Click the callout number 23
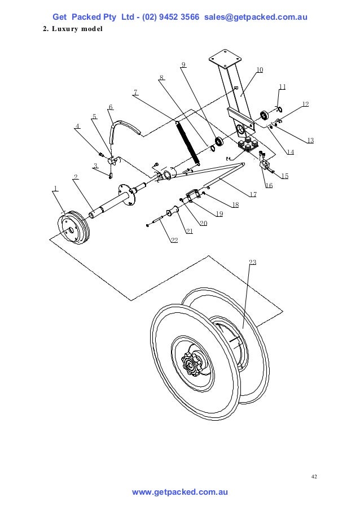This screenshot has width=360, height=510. click(252, 262)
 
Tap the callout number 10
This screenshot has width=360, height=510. click(260, 70)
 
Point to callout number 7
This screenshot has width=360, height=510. click(136, 92)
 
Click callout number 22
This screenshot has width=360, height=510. click(174, 241)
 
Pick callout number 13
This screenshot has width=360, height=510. click(310, 140)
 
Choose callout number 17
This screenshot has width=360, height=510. click(253, 194)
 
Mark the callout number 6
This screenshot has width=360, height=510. click(110, 107)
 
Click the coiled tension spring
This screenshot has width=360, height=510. click(186, 143)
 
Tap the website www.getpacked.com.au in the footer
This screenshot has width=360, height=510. click(179, 492)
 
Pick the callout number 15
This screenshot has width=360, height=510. click(285, 176)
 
